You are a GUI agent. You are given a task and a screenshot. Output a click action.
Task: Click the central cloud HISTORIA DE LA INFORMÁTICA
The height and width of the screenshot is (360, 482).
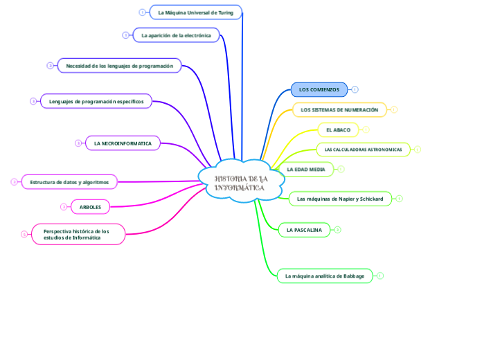240,181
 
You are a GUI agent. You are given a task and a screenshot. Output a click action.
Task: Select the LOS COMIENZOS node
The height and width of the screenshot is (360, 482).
319,89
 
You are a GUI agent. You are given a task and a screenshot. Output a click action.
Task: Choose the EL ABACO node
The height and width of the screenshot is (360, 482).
338,129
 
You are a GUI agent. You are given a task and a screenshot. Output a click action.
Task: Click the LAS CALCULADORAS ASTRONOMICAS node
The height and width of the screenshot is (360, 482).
363,150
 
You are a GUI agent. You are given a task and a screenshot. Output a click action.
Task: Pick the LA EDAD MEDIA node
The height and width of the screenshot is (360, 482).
306,169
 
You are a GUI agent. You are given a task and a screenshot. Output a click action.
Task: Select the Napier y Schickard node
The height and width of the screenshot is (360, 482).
339,199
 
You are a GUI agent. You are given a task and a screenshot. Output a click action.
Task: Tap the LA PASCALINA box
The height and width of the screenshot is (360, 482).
304,230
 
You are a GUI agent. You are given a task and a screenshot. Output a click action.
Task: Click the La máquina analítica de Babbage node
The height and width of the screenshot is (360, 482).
324,276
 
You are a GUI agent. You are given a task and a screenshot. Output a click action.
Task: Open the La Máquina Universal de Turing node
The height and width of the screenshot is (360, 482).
196,12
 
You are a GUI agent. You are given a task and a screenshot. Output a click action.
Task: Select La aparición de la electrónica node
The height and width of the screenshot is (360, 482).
176,35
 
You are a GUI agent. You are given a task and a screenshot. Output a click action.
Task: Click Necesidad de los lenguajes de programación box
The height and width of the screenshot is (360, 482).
119,65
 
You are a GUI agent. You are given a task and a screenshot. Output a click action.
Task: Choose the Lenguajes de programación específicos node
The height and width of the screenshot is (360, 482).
96,101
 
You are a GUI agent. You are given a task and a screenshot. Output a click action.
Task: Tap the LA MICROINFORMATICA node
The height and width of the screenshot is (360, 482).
123,143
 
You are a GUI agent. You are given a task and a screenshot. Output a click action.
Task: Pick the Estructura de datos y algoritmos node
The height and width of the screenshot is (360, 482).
69,182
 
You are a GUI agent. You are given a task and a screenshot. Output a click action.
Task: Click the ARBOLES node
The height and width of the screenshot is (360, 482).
90,207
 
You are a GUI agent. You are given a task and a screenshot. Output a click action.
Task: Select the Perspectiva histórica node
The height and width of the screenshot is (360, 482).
78,234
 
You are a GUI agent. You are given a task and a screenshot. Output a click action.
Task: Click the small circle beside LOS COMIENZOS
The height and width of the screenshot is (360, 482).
355,89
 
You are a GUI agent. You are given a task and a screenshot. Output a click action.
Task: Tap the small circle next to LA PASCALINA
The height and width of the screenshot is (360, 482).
337,230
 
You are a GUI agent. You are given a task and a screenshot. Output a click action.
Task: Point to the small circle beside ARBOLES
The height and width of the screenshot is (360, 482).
64,207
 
